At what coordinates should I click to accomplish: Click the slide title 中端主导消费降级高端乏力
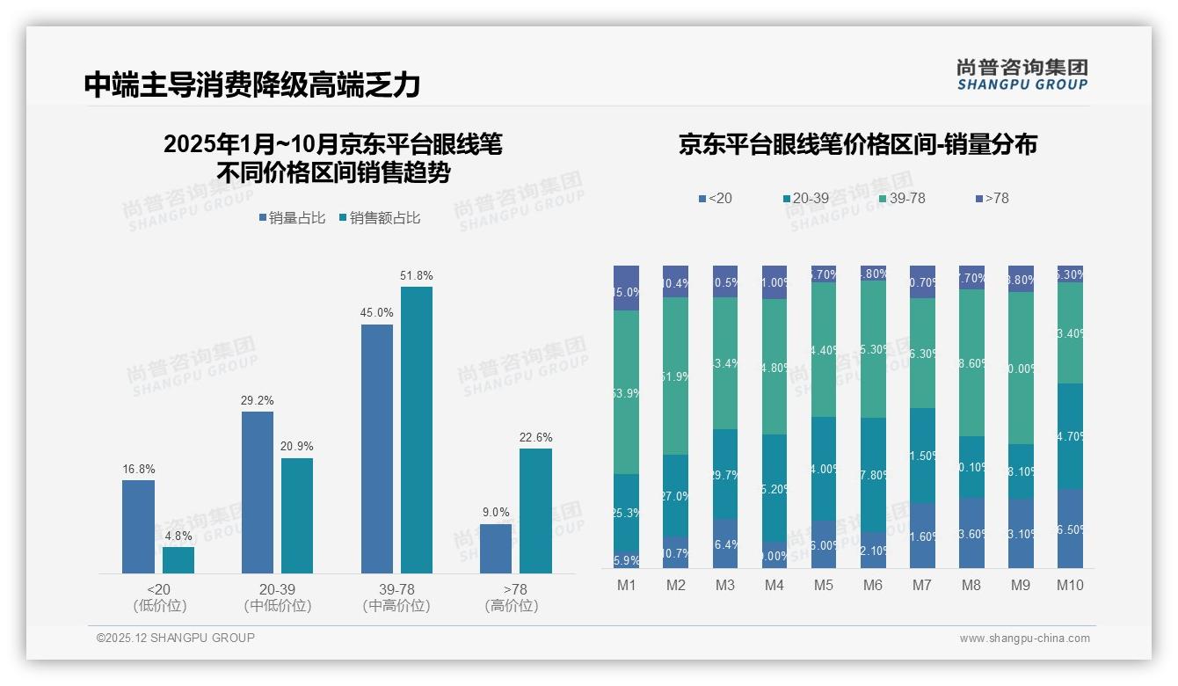252,84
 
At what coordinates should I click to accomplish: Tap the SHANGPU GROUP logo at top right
1022,75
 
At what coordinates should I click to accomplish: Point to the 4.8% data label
178,536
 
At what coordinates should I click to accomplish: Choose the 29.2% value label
258,400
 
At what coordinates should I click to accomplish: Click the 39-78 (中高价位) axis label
396,597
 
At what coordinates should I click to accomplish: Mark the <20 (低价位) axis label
159,597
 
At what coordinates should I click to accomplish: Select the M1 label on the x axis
626,585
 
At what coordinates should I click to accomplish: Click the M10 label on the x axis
1070,585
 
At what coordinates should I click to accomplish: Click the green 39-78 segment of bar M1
626,391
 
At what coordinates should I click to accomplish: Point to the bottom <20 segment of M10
1070,528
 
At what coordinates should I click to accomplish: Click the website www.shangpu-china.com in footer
1024,639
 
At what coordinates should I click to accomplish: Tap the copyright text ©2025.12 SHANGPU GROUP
176,638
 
